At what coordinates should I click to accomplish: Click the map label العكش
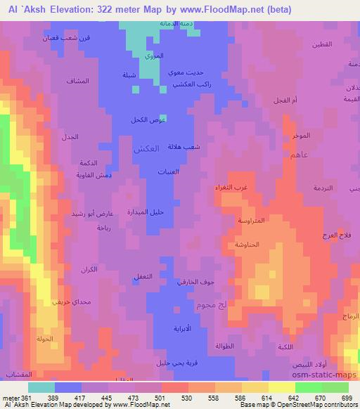point(146,149)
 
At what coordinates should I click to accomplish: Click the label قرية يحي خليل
point(165,364)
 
